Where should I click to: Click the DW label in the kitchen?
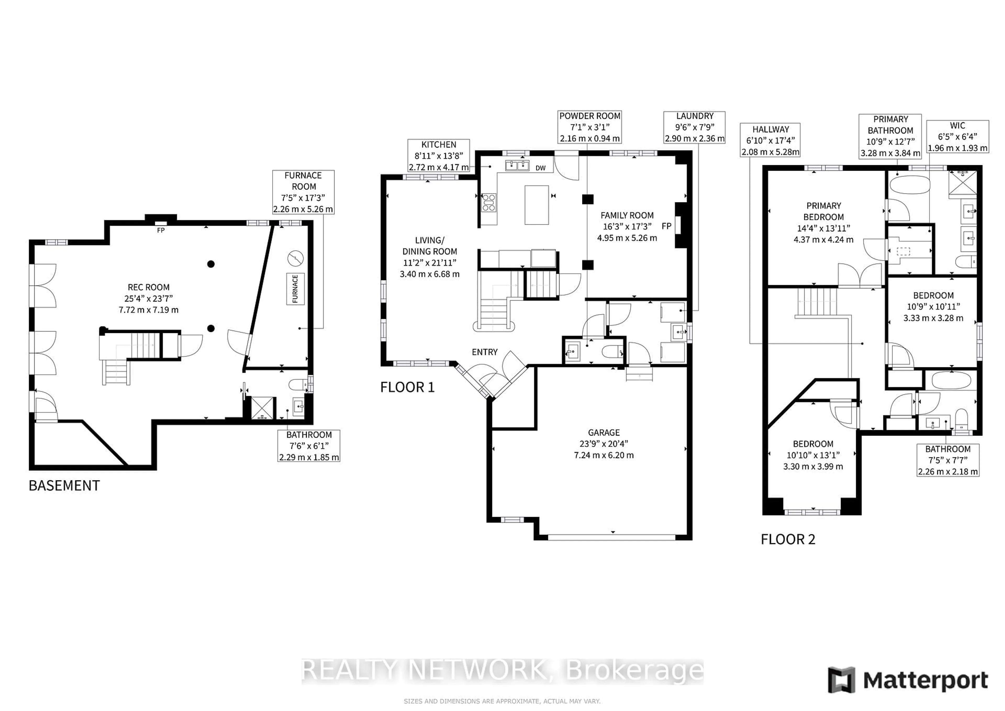(x=541, y=168)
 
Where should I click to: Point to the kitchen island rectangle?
(x=537, y=205)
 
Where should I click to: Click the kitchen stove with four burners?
(x=489, y=203)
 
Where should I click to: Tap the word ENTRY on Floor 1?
(x=484, y=352)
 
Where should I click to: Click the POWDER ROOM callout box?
(x=590, y=127)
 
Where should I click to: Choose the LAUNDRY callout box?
(x=695, y=127)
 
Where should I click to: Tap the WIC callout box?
(x=957, y=137)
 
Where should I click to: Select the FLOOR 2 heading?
(x=788, y=539)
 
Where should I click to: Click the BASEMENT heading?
(x=64, y=486)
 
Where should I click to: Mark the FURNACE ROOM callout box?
(x=303, y=192)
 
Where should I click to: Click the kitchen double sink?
(x=517, y=165)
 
